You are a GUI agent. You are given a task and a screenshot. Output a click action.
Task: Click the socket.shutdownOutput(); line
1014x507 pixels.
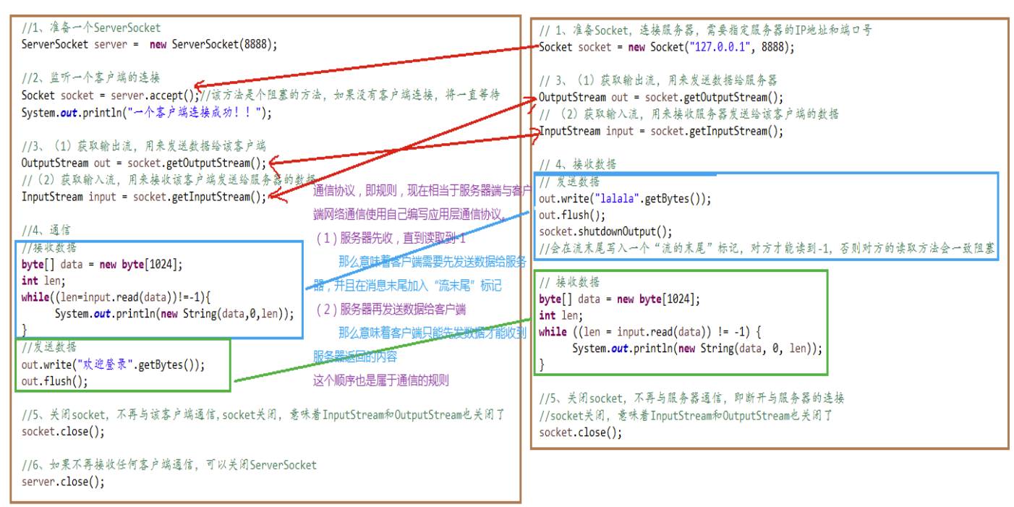pyautogui.click(x=605, y=231)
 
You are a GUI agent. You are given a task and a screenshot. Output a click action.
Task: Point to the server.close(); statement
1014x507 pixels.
pyautogui.click(x=63, y=481)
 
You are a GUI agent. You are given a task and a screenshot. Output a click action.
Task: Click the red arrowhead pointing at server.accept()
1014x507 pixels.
pyautogui.click(x=199, y=85)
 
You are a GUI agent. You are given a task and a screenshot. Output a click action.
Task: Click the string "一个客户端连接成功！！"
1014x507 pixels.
pyautogui.click(x=195, y=112)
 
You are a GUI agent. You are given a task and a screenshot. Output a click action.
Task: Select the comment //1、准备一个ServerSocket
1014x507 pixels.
pyautogui.click(x=91, y=27)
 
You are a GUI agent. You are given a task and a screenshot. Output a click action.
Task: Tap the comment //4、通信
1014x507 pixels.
pyautogui.click(x=46, y=230)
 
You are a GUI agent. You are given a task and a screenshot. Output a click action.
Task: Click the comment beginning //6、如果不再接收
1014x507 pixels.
pyautogui.click(x=169, y=464)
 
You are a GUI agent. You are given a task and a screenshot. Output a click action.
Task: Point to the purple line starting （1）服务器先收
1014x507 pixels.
pyautogui.click(x=391, y=238)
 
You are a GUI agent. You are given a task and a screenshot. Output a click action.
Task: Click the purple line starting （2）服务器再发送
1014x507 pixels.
pyautogui.click(x=391, y=309)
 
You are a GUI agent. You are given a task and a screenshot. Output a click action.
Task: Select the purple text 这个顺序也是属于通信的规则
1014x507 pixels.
pyautogui.click(x=380, y=380)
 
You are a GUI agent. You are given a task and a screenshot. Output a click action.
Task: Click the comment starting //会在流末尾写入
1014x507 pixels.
pyautogui.click(x=767, y=249)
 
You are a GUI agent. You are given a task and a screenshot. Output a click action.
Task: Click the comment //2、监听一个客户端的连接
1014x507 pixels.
pyautogui.click(x=90, y=77)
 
